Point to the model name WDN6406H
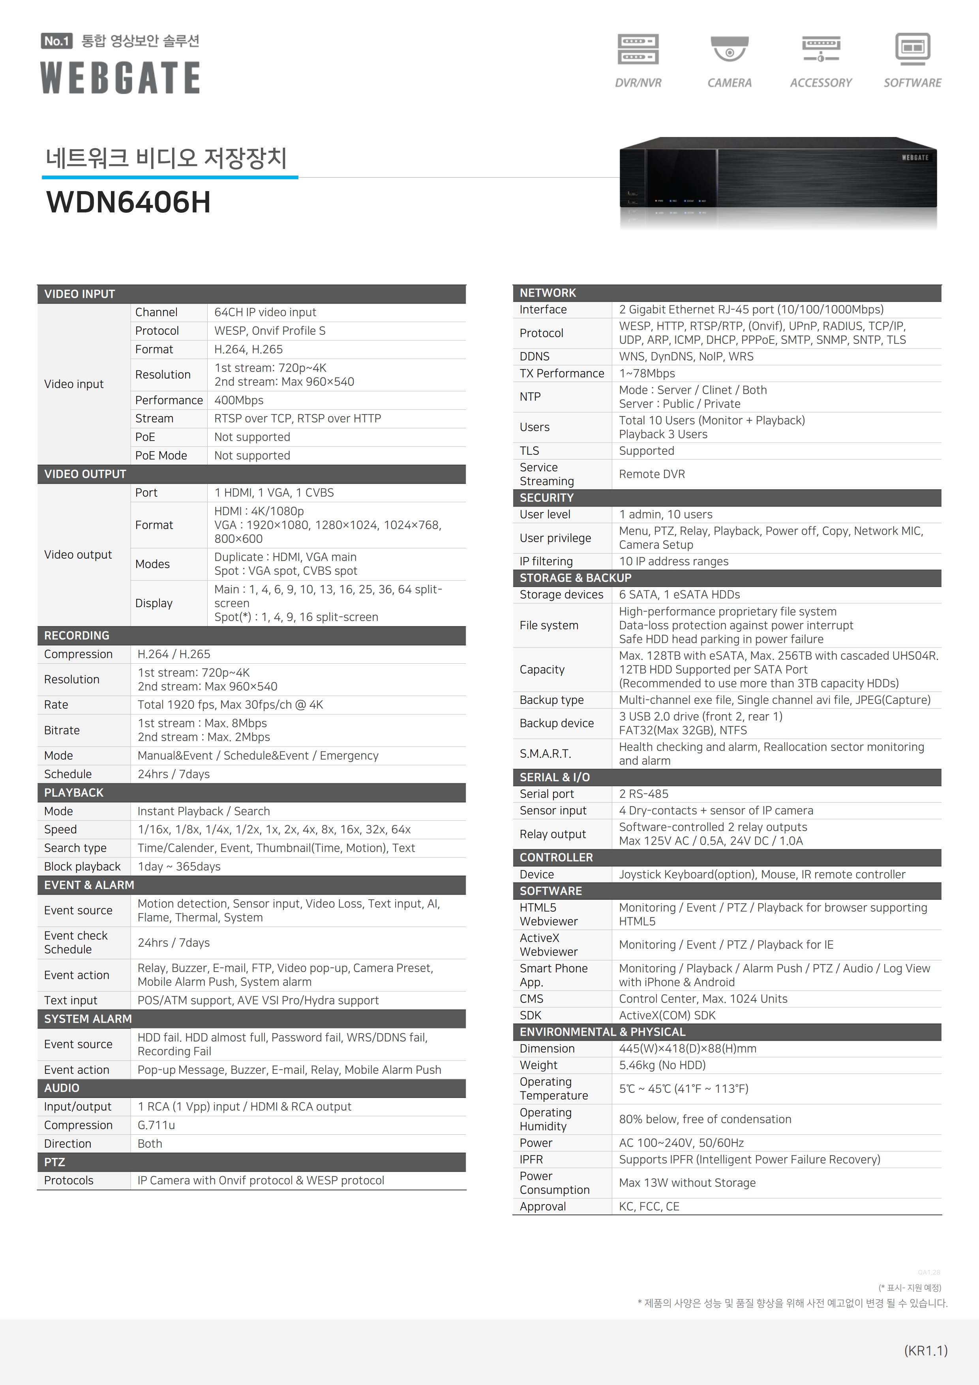pyautogui.click(x=128, y=202)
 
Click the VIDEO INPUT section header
pyautogui.click(x=80, y=294)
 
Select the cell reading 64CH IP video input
pyautogui.click(x=265, y=312)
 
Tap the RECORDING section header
pyautogui.click(x=77, y=636)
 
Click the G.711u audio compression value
pyautogui.click(x=156, y=1125)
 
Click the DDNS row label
pyautogui.click(x=535, y=357)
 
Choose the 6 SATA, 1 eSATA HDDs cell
pyautogui.click(x=679, y=595)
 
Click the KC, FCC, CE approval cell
pyautogui.click(x=649, y=1207)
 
